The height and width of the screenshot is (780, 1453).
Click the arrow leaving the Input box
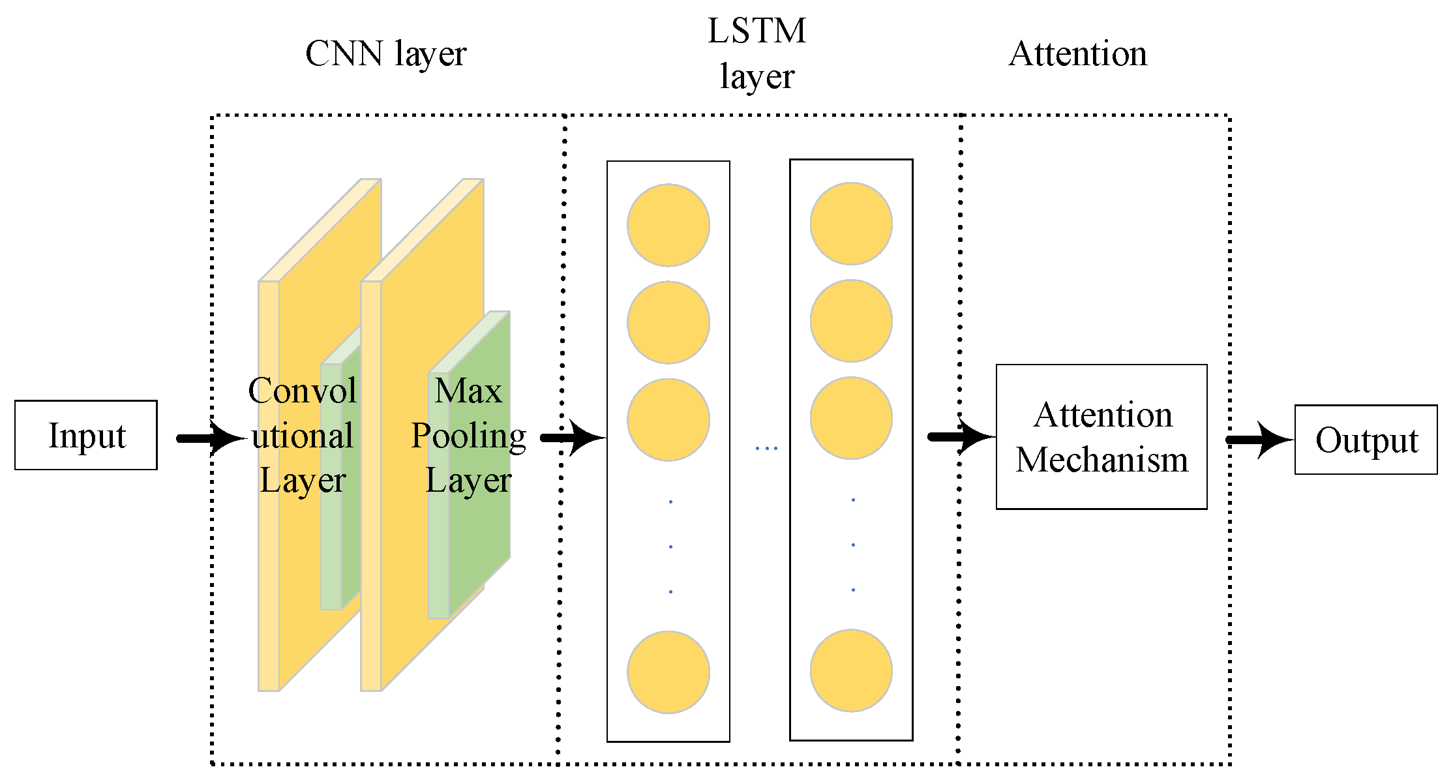(x=212, y=438)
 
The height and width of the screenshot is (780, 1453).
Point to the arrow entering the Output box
(x=1260, y=440)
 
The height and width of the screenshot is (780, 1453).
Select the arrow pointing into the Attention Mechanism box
(x=962, y=436)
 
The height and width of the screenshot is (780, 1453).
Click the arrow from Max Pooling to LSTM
(x=573, y=438)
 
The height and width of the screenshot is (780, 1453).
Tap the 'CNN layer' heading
(x=385, y=53)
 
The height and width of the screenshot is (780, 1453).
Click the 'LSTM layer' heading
(x=757, y=53)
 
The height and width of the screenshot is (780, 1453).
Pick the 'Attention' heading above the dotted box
(x=1078, y=53)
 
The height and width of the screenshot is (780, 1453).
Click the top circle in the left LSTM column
(x=668, y=225)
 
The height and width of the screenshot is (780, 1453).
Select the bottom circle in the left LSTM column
(x=668, y=672)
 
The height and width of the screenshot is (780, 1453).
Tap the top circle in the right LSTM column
(x=851, y=223)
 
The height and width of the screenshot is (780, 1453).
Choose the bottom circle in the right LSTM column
(x=851, y=670)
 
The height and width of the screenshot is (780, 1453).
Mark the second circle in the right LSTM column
(x=851, y=320)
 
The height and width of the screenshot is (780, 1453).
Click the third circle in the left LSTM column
(x=668, y=419)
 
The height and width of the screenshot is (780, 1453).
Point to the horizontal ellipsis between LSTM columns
(x=766, y=448)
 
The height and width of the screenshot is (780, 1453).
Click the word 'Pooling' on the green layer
(x=468, y=436)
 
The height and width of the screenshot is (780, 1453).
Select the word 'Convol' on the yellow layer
(x=303, y=391)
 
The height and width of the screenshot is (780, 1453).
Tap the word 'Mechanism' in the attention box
(x=1101, y=460)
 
